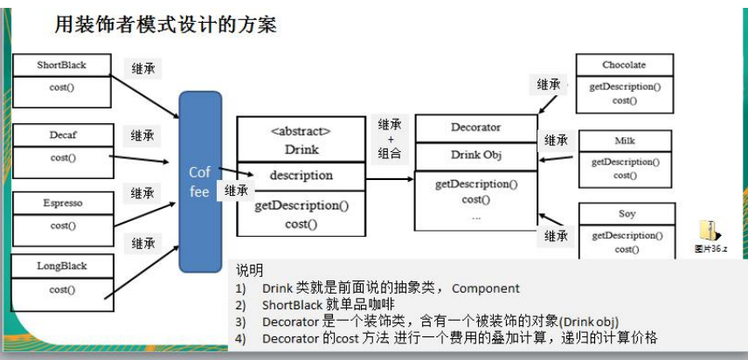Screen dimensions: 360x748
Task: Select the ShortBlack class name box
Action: pos(62,66)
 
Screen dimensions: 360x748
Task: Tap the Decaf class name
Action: pos(63,135)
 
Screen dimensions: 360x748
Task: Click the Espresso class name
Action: pos(63,204)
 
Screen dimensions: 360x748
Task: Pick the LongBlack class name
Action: pos(63,266)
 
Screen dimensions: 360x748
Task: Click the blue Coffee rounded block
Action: pos(200,182)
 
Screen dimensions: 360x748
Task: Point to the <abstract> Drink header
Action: pos(301,141)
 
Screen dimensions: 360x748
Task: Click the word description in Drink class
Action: pos(301,176)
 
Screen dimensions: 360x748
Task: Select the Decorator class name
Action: pos(475,128)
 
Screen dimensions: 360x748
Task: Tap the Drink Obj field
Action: pos(475,156)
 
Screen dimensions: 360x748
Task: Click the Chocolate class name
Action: pos(624,66)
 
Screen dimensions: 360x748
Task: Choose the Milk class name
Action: pos(624,142)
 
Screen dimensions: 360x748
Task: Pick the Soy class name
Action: pos(626,214)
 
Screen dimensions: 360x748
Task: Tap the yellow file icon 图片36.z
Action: pos(709,231)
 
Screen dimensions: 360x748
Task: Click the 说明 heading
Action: pos(250,271)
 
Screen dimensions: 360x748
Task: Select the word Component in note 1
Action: pos(486,288)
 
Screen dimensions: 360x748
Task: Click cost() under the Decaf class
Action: pos(63,158)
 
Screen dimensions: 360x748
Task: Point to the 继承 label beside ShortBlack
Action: pos(142,68)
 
